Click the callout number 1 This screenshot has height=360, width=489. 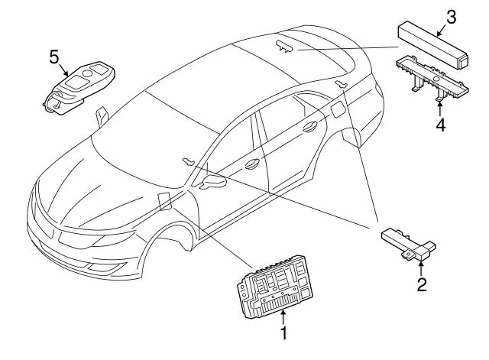coord(283,333)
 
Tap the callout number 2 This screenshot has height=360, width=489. coord(422,284)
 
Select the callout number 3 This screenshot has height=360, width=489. coord(452,17)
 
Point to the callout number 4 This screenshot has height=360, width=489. coord(440,125)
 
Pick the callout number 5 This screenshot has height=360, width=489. coord(54,57)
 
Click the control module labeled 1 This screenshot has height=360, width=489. coord(274,286)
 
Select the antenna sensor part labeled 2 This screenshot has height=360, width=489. coord(408,244)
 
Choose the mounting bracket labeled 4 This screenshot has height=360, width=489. coord(432,78)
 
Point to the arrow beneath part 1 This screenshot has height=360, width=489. coord(283,317)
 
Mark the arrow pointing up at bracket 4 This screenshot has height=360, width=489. coord(440,109)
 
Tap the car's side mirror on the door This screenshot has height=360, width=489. coord(213,181)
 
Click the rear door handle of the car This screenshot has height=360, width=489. coord(310,126)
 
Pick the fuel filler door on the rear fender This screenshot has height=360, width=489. coord(338,110)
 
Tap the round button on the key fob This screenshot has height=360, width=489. coord(87,73)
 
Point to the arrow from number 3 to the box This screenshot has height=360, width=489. coord(442,31)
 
